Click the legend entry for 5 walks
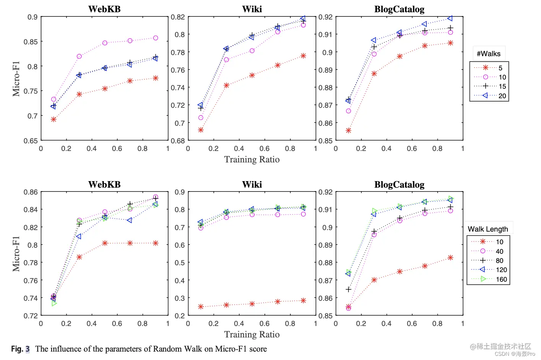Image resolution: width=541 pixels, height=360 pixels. coord(489,68)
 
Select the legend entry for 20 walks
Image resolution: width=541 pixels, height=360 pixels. coord(489,96)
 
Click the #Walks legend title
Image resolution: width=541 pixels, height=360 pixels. coord(488,54)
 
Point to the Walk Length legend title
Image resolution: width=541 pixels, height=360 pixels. coord(488,229)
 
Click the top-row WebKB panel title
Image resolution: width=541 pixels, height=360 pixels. coord(104,9)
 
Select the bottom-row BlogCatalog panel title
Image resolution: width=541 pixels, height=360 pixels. coord(399,185)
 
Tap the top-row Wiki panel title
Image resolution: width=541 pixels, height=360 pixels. coord(252,9)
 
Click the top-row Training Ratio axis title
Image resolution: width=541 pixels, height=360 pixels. coord(252,159)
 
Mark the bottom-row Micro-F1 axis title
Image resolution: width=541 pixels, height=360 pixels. coord(16,254)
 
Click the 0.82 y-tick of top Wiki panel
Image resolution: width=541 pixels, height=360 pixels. coord(178,17)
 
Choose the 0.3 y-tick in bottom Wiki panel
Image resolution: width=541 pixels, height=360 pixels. coord(180,298)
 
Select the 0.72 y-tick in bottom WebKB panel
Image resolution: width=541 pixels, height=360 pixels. coord(31,316)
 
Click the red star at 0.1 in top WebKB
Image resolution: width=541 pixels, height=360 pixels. coord(54,120)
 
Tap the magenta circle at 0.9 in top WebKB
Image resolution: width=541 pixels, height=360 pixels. coord(155,38)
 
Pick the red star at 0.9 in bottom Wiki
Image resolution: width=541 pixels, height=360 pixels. coord(303,301)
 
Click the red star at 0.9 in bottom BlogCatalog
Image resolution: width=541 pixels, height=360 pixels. coord(450,258)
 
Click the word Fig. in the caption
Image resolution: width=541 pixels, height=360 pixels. coord(17,349)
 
